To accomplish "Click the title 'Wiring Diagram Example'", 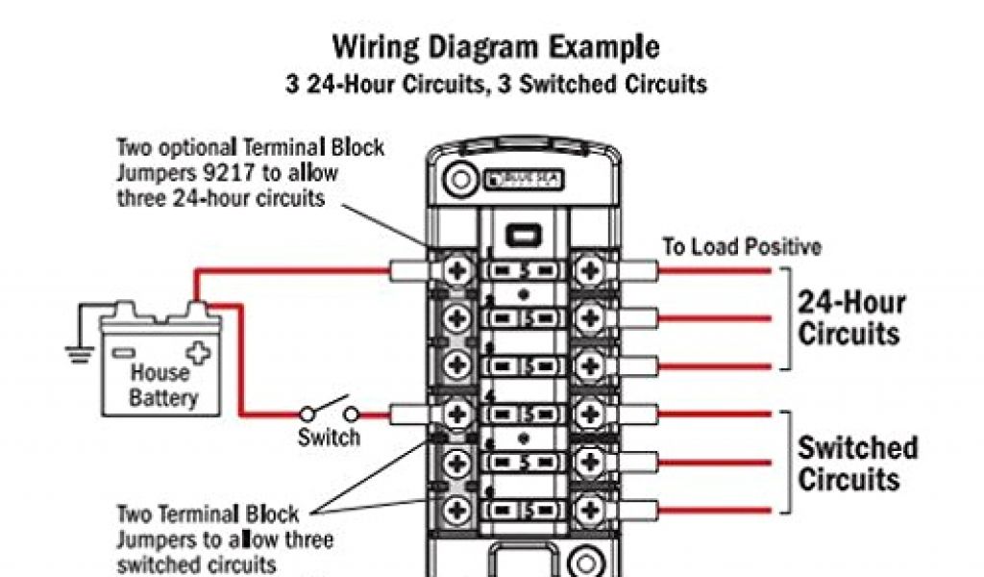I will point(496,46).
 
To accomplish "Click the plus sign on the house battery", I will point(197,352).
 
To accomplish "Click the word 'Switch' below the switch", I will point(329,439).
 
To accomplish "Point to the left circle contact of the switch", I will point(307,414).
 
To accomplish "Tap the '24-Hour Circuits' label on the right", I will point(849,318).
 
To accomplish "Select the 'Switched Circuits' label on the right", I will point(857,464).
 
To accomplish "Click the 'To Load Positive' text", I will point(742,247).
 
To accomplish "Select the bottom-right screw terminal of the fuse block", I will point(586,509).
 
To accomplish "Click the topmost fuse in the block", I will point(522,270).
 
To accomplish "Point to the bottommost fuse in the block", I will point(522,509).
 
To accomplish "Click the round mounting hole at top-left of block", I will point(459,180).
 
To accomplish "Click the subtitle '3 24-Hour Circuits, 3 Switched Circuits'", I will point(496,85).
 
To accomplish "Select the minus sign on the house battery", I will point(122,353).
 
